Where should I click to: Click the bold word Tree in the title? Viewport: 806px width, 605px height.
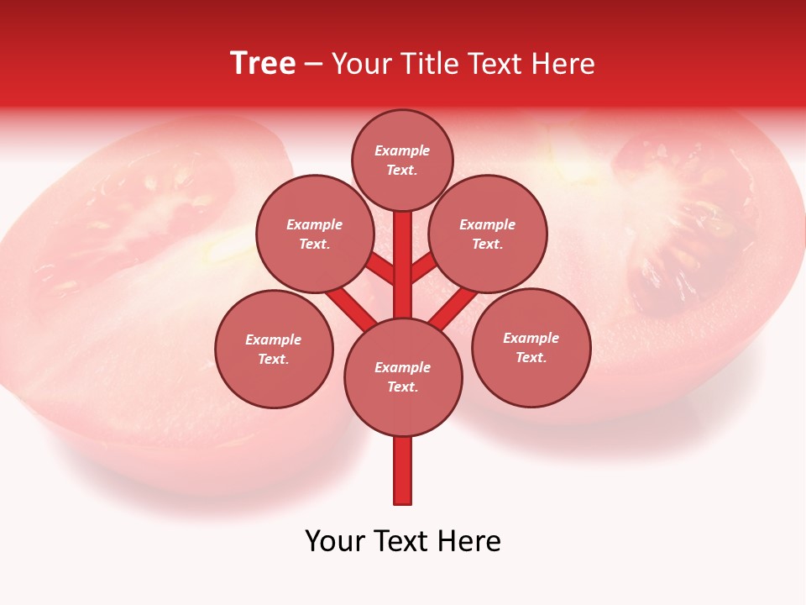(263, 63)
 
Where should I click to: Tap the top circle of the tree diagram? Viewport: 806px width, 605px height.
(402, 160)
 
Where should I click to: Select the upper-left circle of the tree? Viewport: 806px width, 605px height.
(315, 234)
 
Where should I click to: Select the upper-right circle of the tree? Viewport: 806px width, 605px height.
(488, 234)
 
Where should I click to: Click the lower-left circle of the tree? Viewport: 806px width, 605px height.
(274, 349)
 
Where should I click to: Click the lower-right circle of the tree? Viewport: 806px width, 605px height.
(531, 347)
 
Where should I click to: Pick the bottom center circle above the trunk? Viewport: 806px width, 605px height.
(403, 376)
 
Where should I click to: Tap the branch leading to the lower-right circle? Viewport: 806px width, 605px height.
(453, 306)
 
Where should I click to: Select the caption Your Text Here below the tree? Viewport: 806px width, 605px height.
(403, 541)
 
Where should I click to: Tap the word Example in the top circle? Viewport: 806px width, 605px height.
(402, 150)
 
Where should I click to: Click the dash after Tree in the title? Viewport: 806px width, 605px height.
(313, 64)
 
